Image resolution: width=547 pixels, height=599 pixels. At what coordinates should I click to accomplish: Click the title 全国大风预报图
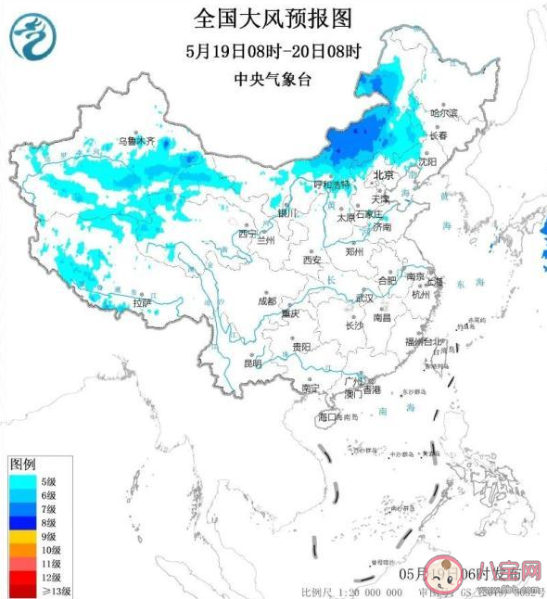[x=273, y=18]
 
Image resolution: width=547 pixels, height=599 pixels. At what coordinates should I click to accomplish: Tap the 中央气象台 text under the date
[x=273, y=80]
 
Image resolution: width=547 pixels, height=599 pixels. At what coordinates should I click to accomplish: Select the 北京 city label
[x=383, y=175]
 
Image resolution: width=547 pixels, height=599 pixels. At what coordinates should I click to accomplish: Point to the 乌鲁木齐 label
[x=136, y=142]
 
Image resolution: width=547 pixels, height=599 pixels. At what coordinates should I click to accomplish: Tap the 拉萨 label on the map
[x=141, y=302]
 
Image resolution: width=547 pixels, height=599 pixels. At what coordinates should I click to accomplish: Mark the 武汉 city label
[x=363, y=298]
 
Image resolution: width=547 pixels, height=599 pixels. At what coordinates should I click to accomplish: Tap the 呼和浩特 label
[x=331, y=185]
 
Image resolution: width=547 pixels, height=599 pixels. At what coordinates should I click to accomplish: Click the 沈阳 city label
[x=426, y=160]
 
